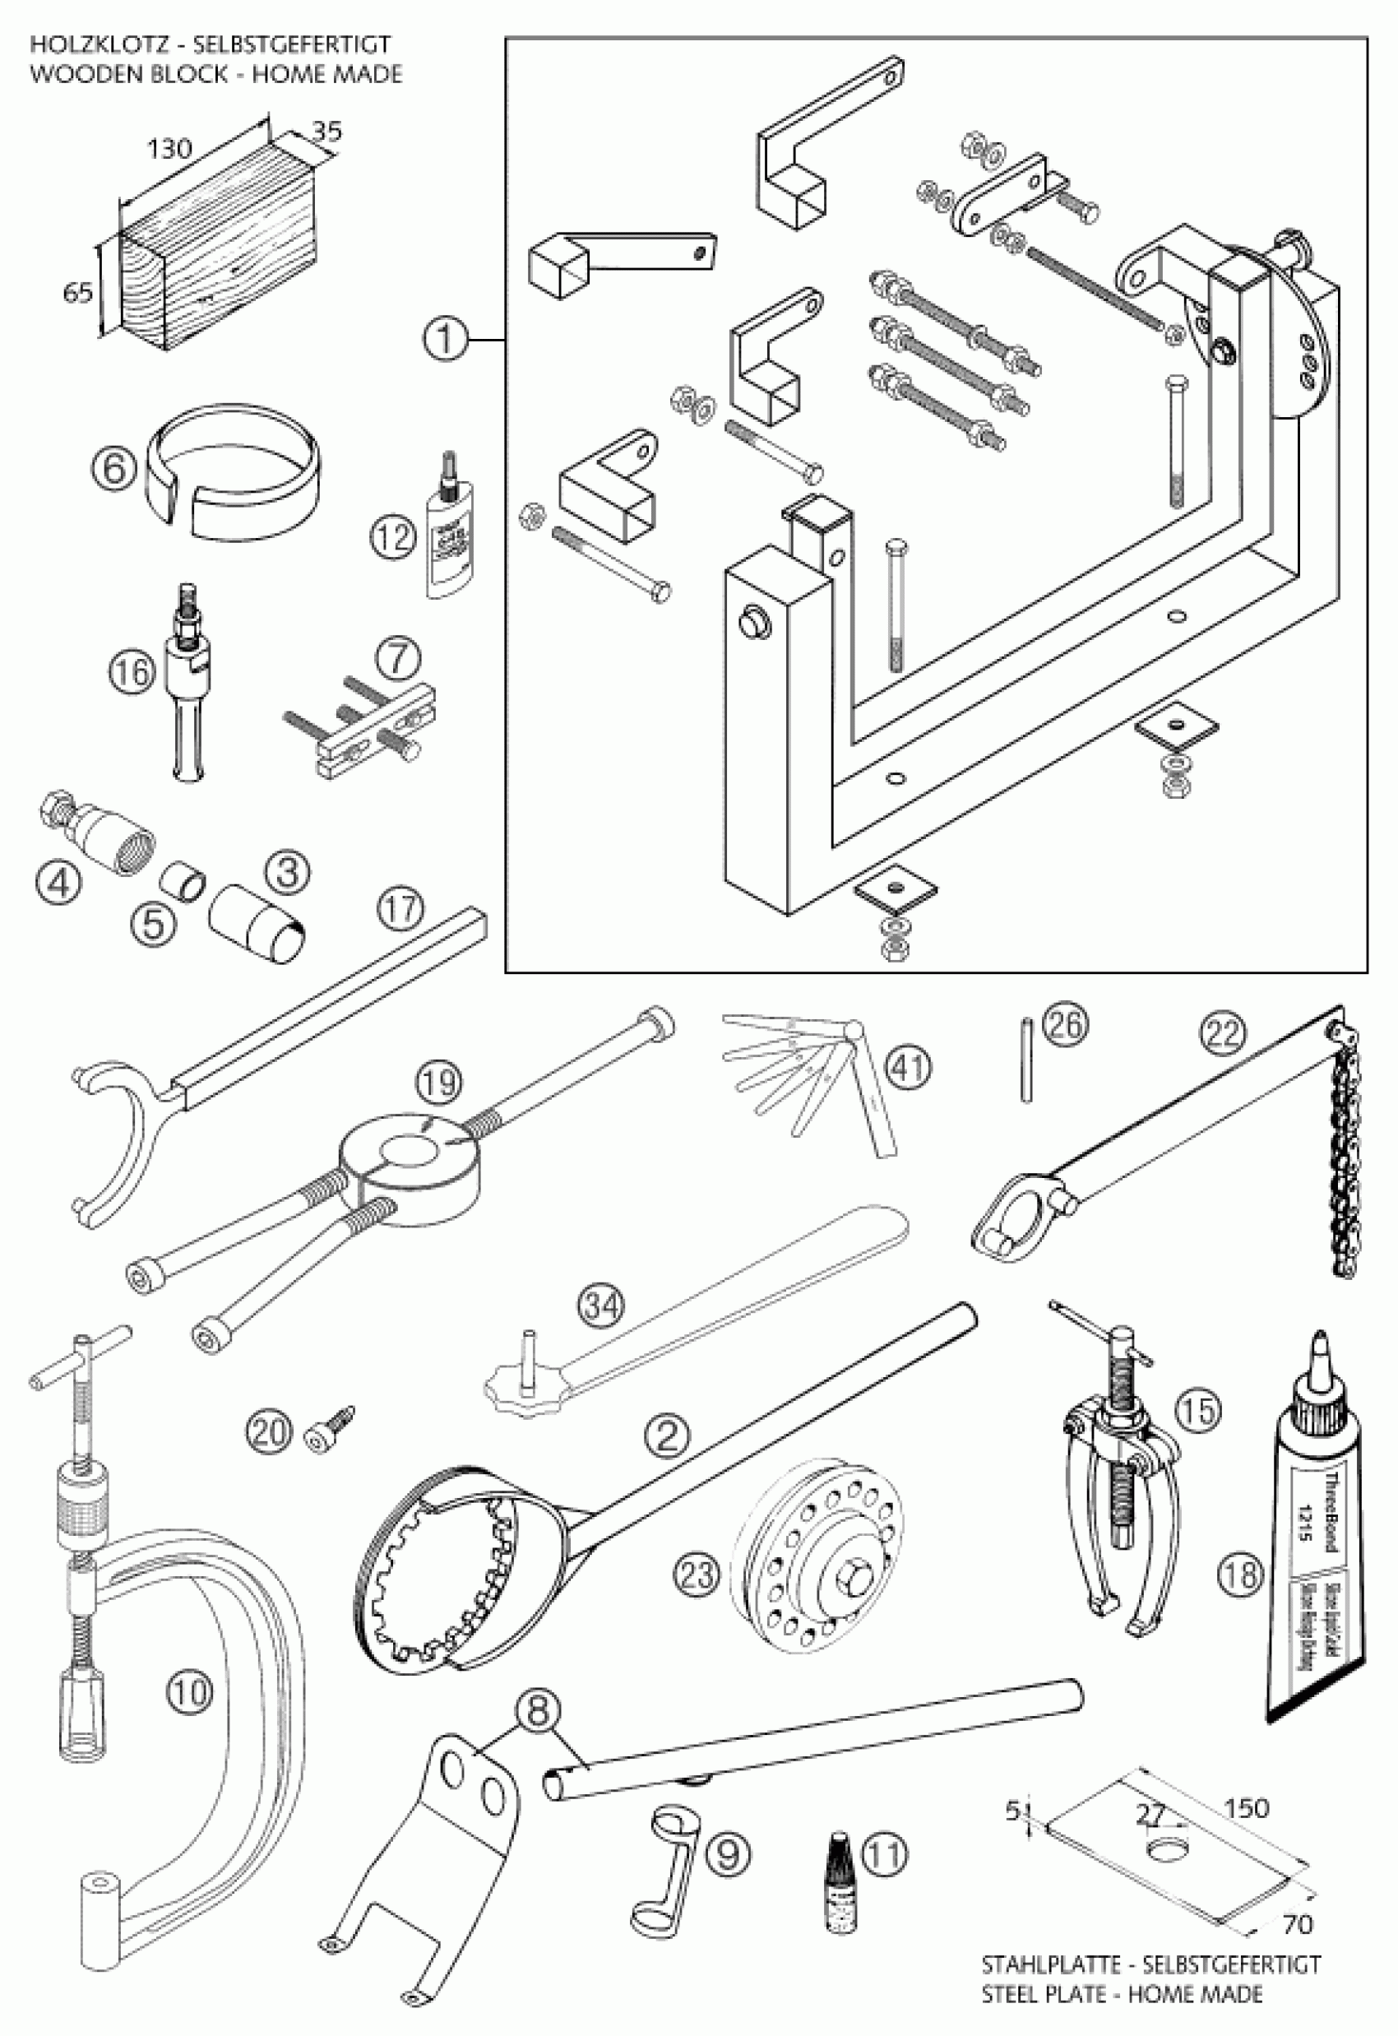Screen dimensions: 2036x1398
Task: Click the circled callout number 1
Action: click(x=445, y=338)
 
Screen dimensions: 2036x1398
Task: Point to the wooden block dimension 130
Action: click(x=169, y=148)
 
